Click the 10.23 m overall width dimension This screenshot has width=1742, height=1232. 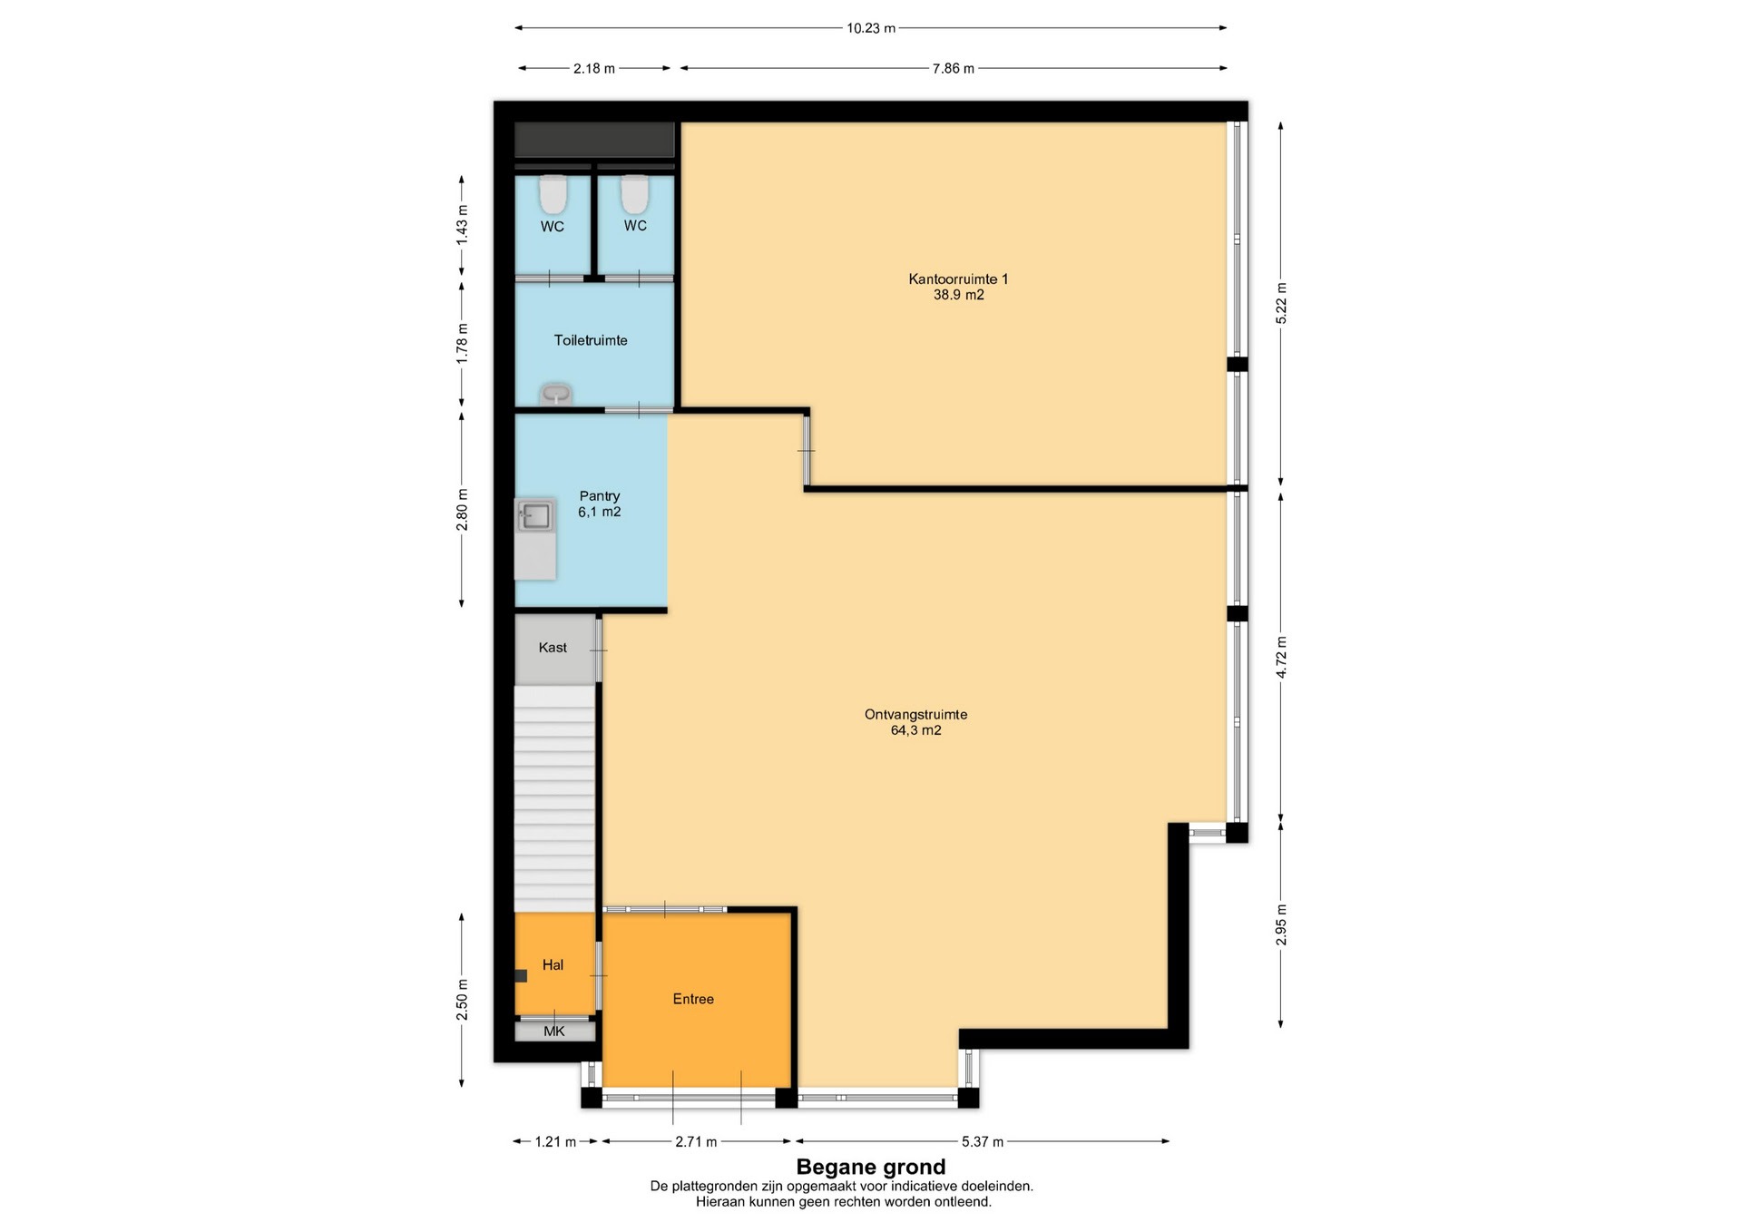(871, 28)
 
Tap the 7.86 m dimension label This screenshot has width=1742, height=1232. (954, 68)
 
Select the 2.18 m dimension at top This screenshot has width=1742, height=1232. (594, 68)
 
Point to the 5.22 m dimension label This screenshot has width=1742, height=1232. (1281, 304)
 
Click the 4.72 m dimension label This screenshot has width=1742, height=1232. (1281, 658)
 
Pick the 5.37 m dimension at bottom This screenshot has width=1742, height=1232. (982, 1141)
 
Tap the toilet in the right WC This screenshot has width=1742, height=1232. (635, 193)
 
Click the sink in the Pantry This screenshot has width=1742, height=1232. (535, 515)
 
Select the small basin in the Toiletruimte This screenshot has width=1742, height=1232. (555, 395)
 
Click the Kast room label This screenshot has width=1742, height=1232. (553, 647)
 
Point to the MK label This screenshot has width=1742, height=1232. (554, 1031)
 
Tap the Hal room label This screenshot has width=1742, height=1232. (553, 964)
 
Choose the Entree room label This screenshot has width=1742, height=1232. (693, 999)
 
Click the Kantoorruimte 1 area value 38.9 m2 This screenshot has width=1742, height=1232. (959, 295)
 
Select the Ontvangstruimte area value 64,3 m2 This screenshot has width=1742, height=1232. (916, 730)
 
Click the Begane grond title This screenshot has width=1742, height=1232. (871, 1167)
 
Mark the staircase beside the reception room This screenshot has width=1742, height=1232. (554, 798)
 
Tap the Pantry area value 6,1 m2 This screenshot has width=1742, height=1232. (600, 512)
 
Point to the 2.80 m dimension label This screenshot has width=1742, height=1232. (463, 509)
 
